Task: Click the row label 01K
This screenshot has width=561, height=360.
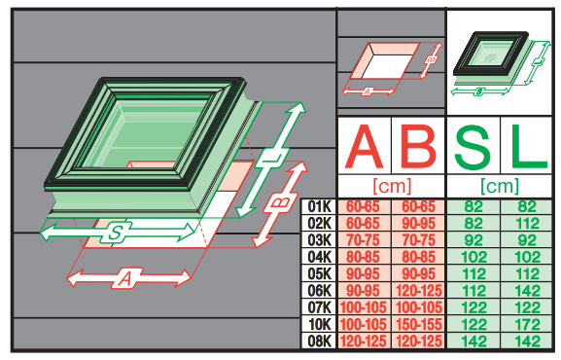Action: pyautogui.click(x=319, y=206)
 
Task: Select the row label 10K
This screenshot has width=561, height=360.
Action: pyautogui.click(x=320, y=325)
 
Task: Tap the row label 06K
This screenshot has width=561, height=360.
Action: pyautogui.click(x=319, y=291)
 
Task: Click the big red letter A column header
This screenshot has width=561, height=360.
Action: pyautogui.click(x=364, y=147)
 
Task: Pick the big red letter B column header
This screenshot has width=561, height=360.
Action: pyautogui.click(x=418, y=146)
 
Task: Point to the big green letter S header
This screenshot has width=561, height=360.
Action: pyautogui.click(x=473, y=146)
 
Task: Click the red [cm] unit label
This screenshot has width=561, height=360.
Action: pyautogui.click(x=392, y=186)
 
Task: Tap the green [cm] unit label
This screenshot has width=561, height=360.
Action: pyautogui.click(x=500, y=186)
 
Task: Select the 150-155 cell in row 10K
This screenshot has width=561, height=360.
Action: pyautogui.click(x=419, y=325)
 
